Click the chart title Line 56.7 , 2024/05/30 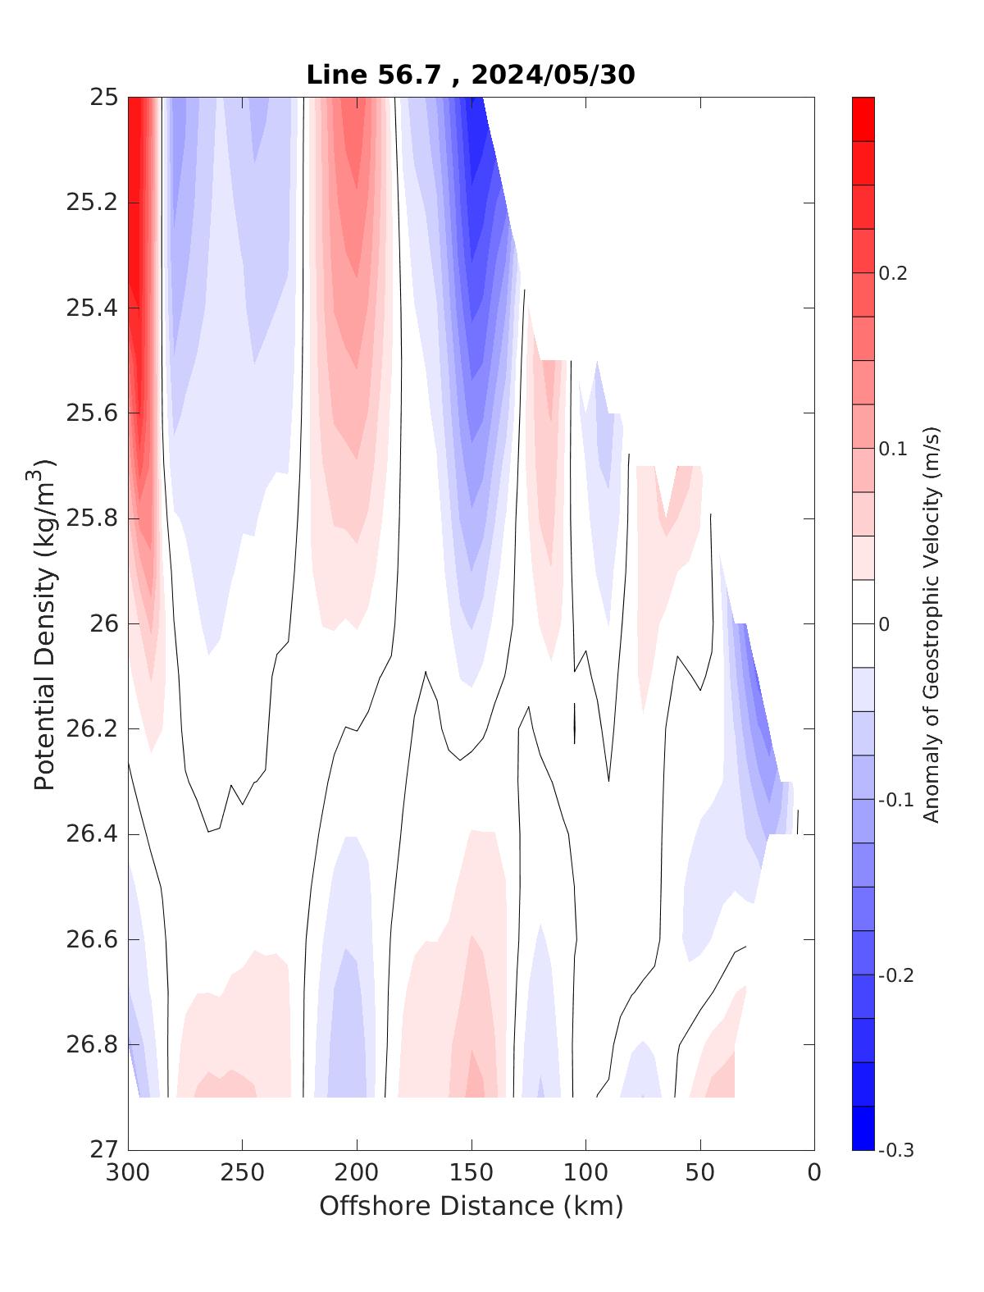(x=471, y=75)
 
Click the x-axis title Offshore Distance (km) (x=471, y=1206)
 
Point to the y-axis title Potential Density (x=46, y=623)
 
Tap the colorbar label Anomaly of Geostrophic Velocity (x=931, y=623)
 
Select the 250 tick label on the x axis (x=243, y=1173)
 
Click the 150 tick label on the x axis (x=471, y=1173)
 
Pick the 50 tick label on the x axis (x=700, y=1173)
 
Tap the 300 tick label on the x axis (x=129, y=1173)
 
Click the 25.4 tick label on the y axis (x=92, y=308)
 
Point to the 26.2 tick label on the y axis (x=92, y=729)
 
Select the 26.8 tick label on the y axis (x=92, y=1045)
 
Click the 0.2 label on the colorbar (x=893, y=273)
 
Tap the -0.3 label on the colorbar (x=896, y=1150)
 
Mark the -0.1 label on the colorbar (x=896, y=800)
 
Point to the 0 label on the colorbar (x=884, y=624)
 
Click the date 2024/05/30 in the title (x=553, y=75)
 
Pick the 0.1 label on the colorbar (x=893, y=449)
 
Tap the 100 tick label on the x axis (x=585, y=1173)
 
